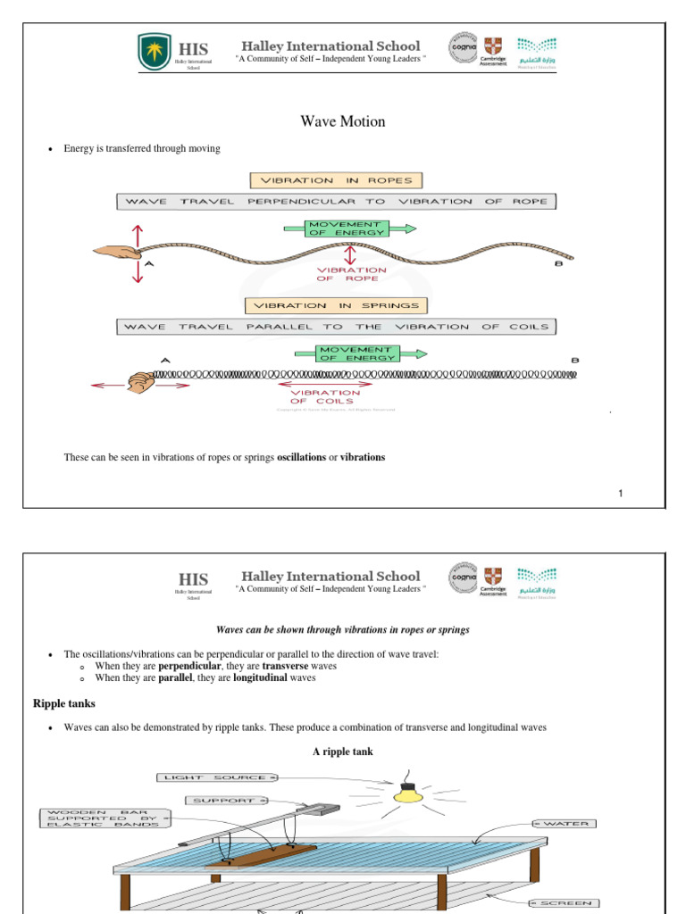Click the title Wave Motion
pos(343,121)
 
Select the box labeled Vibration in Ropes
pos(336,179)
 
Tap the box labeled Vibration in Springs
pos(336,305)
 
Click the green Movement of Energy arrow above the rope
pos(349,228)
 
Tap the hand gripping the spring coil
pos(140,383)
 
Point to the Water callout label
pos(565,823)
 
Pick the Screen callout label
pos(565,903)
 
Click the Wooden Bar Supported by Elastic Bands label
pos(102,818)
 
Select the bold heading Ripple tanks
pos(63,704)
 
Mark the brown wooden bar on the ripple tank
pos(259,856)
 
